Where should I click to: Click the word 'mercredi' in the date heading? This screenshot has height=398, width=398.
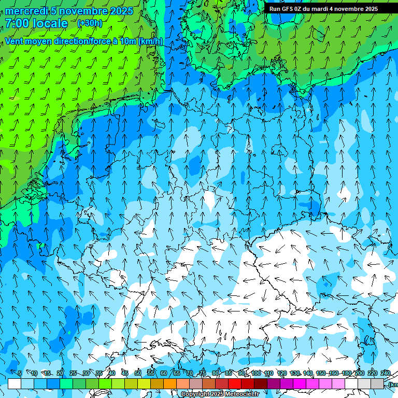click(26, 11)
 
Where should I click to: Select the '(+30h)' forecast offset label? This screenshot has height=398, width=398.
click(90, 23)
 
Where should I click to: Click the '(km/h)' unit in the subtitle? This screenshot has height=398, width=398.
click(150, 41)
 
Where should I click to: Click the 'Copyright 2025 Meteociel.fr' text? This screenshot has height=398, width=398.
click(220, 394)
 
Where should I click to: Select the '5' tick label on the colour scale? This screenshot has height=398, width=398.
click(20, 374)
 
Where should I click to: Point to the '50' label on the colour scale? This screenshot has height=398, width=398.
click(137, 374)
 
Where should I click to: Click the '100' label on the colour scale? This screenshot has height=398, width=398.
click(256, 374)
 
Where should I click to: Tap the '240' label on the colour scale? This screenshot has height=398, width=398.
click(386, 374)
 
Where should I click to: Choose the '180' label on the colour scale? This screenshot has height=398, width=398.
click(347, 374)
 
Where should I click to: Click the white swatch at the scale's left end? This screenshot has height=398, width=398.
click(15, 383)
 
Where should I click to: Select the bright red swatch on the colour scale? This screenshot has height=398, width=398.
click(235, 383)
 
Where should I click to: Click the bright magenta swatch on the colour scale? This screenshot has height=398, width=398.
click(300, 383)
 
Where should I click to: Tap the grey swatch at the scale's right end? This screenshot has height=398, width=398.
click(377, 383)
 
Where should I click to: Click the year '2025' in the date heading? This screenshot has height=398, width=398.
click(121, 11)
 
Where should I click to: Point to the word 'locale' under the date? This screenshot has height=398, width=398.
click(49, 23)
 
